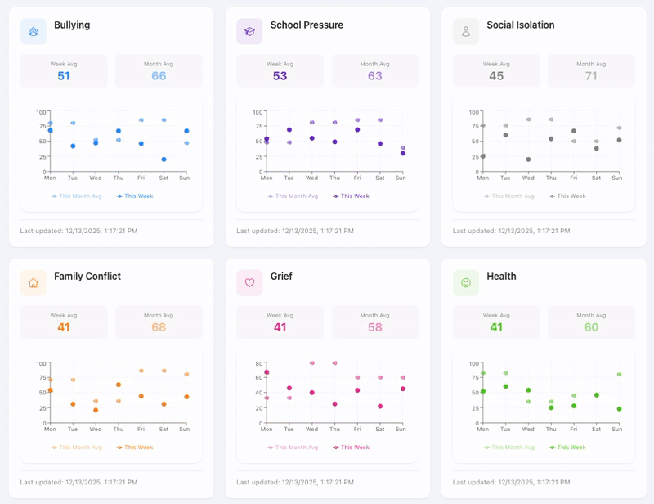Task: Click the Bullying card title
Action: point(72,25)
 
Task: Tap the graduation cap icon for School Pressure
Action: point(249,32)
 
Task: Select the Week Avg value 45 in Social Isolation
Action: point(496,76)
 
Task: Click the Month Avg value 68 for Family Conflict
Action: point(159,327)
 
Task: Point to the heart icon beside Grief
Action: point(249,283)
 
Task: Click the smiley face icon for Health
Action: point(466,283)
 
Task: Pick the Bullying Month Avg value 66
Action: point(159,76)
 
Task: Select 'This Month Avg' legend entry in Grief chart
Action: point(292,448)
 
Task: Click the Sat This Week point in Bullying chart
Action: point(163,160)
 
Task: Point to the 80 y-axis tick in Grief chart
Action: point(258,363)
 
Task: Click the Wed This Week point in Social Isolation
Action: point(528,160)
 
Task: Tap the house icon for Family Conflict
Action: point(34,283)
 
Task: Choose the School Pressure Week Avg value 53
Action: point(280,76)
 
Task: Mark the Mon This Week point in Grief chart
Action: point(267,372)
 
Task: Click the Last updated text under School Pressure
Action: point(295,231)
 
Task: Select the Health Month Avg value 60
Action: point(591,327)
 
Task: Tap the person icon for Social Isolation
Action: point(466,32)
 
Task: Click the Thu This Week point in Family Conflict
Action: point(119,385)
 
